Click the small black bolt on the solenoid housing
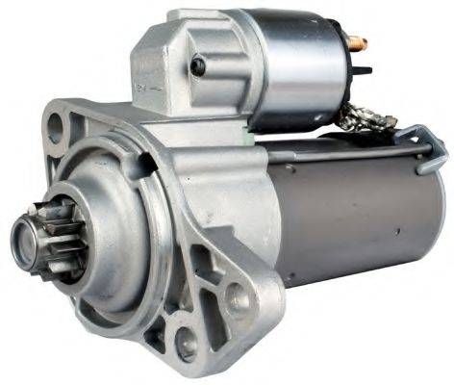[197, 65]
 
